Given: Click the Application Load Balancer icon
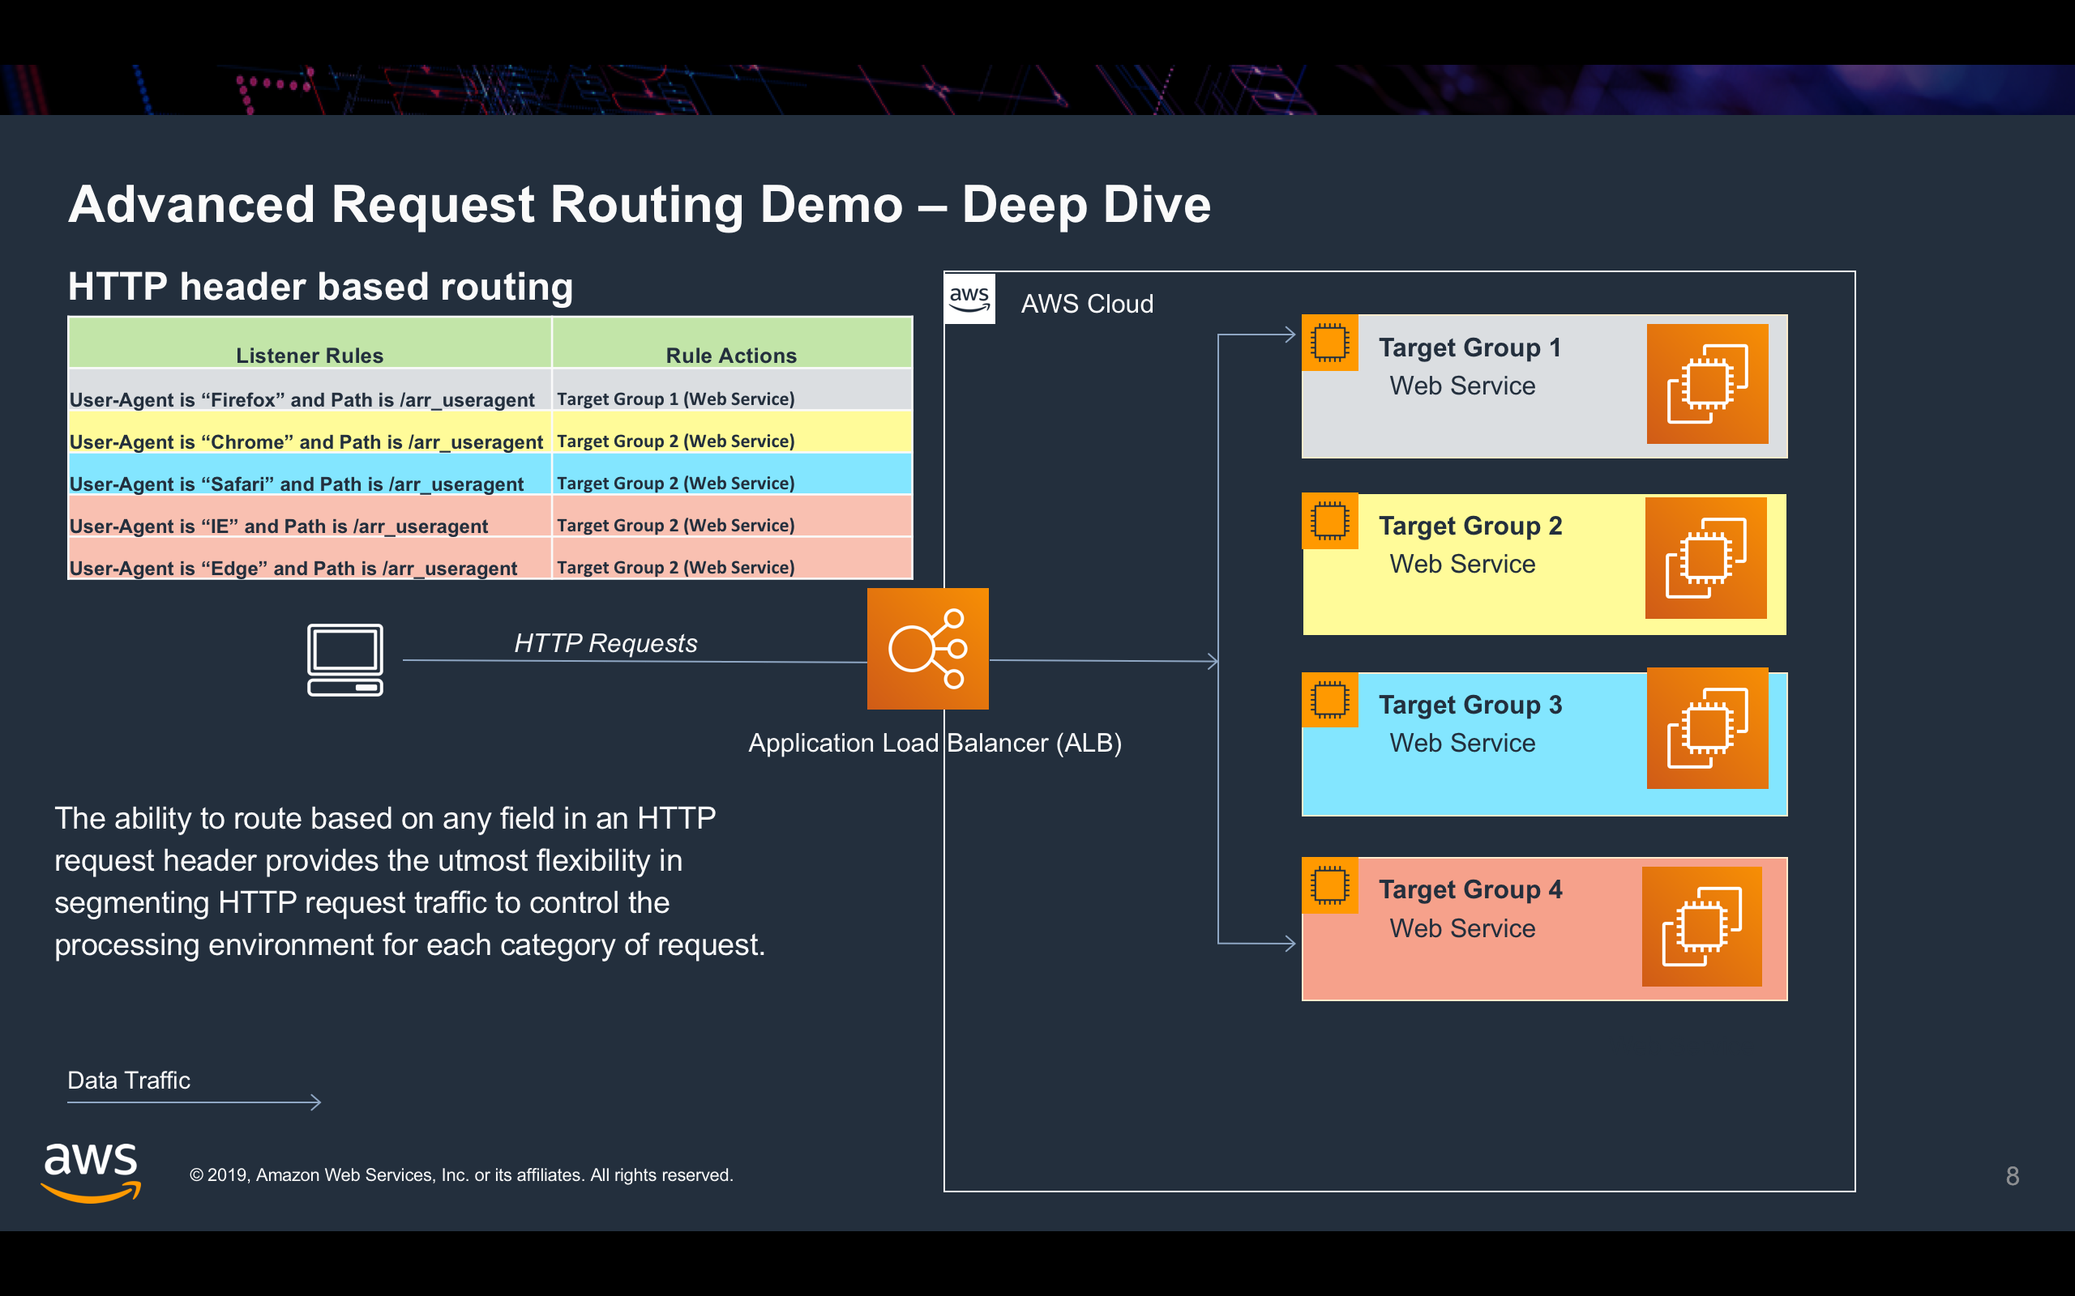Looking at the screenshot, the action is tap(927, 649).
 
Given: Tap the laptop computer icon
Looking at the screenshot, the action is tap(344, 659).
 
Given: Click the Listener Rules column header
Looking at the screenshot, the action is tap(310, 355).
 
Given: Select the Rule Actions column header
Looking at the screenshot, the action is tap(730, 355).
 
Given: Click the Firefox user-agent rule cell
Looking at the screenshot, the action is tap(302, 399).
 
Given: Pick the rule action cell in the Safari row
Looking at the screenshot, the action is tap(676, 484).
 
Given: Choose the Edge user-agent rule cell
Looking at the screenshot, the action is tap(293, 568).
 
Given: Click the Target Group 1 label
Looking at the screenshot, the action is tap(1469, 348).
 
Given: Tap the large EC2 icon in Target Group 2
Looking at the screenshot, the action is tap(1705, 558).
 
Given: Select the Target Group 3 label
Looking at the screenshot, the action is tap(1470, 705).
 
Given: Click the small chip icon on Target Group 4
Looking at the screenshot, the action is tap(1329, 885).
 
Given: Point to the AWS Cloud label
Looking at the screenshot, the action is tap(1086, 305).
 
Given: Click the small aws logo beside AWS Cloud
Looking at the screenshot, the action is tap(969, 298).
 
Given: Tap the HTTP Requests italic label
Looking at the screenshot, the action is tap(605, 643).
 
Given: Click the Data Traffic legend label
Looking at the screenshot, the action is tap(129, 1080).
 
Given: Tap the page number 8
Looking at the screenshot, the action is tap(2012, 1176).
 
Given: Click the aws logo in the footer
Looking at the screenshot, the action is tap(91, 1172).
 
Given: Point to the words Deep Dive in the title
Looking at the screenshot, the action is tap(1085, 205).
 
